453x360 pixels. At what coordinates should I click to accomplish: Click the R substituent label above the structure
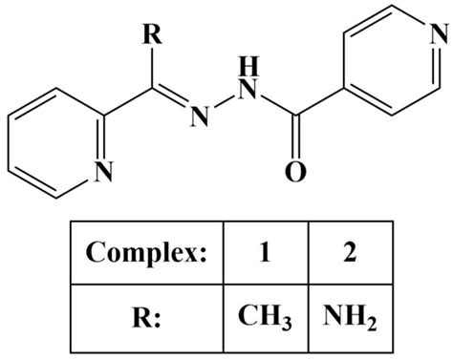click(153, 34)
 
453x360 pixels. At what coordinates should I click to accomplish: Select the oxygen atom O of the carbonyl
click(295, 172)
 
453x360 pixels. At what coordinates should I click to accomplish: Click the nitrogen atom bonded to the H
click(248, 90)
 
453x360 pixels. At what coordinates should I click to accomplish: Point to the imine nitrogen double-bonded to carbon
click(200, 117)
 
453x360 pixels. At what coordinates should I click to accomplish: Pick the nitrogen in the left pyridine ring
click(103, 171)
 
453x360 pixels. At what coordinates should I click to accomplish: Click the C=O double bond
click(296, 137)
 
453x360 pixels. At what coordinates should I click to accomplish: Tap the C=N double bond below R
click(170, 95)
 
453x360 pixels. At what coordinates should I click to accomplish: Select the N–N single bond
click(225, 102)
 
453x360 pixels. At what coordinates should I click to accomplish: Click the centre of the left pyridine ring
click(56, 143)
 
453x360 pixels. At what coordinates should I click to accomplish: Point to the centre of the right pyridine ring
click(392, 60)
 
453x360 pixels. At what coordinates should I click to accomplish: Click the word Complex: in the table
click(146, 252)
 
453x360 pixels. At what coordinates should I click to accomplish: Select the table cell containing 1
click(266, 253)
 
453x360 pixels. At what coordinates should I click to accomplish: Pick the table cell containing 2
click(351, 253)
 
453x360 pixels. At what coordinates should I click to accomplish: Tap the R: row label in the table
click(147, 318)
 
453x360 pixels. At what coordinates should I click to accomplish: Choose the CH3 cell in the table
click(266, 319)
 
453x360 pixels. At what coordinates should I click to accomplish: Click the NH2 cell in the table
click(351, 319)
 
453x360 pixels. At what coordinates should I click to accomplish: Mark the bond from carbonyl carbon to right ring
click(320, 101)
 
